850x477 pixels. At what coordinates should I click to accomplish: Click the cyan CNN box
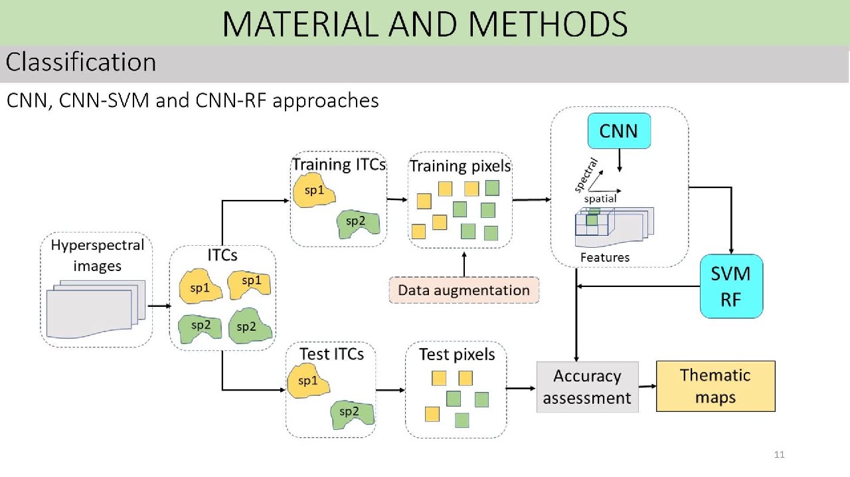click(x=618, y=131)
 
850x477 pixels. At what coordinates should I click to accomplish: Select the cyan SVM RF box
click(x=731, y=286)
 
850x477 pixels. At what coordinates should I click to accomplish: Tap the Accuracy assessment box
click(x=587, y=387)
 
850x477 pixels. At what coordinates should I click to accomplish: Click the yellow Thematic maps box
click(x=715, y=386)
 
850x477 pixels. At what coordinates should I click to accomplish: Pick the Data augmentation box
click(x=464, y=290)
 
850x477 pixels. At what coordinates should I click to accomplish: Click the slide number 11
click(x=780, y=455)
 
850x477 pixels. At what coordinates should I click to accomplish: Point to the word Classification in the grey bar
click(x=81, y=62)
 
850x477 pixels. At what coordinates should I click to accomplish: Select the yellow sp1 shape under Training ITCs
click(x=314, y=191)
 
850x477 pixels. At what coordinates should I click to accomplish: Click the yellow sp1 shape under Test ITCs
click(x=307, y=381)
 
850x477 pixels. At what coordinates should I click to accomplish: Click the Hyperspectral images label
click(x=97, y=255)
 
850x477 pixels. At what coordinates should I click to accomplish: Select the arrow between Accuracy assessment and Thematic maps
click(x=647, y=386)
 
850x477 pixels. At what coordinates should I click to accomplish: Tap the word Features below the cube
click(x=604, y=257)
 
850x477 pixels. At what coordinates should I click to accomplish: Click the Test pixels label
click(x=457, y=355)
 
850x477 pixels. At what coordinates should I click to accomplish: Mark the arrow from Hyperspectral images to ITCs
click(x=159, y=306)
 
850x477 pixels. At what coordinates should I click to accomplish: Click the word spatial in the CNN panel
click(x=600, y=199)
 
